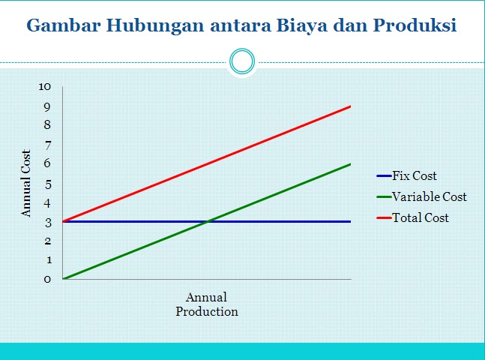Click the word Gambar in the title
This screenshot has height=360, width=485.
point(64,25)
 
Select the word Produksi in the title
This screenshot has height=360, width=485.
point(415,25)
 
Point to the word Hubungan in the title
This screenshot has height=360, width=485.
point(155,26)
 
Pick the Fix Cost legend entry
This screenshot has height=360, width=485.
point(406,175)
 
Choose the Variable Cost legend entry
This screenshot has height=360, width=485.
point(421,196)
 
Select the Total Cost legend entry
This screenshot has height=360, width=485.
point(412,217)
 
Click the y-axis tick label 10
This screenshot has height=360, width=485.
point(44,87)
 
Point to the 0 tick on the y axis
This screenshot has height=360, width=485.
point(47,279)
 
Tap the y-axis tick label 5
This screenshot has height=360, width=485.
point(47,184)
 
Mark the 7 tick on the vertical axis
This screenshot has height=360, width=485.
point(47,145)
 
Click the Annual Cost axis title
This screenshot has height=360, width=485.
point(26,183)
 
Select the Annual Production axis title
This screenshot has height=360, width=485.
point(207,304)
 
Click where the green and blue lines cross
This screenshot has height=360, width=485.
point(207,222)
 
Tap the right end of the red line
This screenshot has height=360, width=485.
point(351,106)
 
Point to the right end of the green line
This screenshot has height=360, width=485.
point(351,164)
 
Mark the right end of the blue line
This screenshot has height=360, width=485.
point(351,222)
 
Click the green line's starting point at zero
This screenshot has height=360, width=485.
point(63,279)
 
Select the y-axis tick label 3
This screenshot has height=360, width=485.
point(48,223)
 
